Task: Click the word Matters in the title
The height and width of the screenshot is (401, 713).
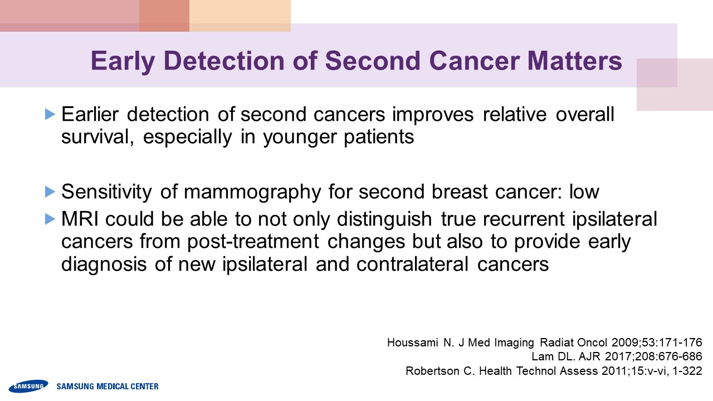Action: click(x=574, y=61)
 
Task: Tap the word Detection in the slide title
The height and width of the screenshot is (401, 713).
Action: click(x=224, y=61)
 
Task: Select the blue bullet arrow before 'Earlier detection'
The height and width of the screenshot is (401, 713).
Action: click(x=50, y=114)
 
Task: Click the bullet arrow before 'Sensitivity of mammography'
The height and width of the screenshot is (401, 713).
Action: click(x=50, y=192)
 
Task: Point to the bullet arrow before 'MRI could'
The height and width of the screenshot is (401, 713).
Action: click(x=50, y=219)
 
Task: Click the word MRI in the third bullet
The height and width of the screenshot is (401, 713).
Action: click(x=80, y=219)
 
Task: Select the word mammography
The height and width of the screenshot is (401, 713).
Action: click(x=252, y=193)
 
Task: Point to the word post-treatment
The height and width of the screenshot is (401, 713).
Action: click(x=253, y=242)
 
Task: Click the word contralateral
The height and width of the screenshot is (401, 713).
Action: click(x=412, y=264)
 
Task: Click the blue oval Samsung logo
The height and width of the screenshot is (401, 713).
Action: click(x=28, y=386)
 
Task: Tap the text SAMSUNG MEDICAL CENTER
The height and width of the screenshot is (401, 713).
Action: click(x=108, y=387)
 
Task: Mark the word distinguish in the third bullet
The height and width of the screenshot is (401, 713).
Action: click(x=384, y=220)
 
